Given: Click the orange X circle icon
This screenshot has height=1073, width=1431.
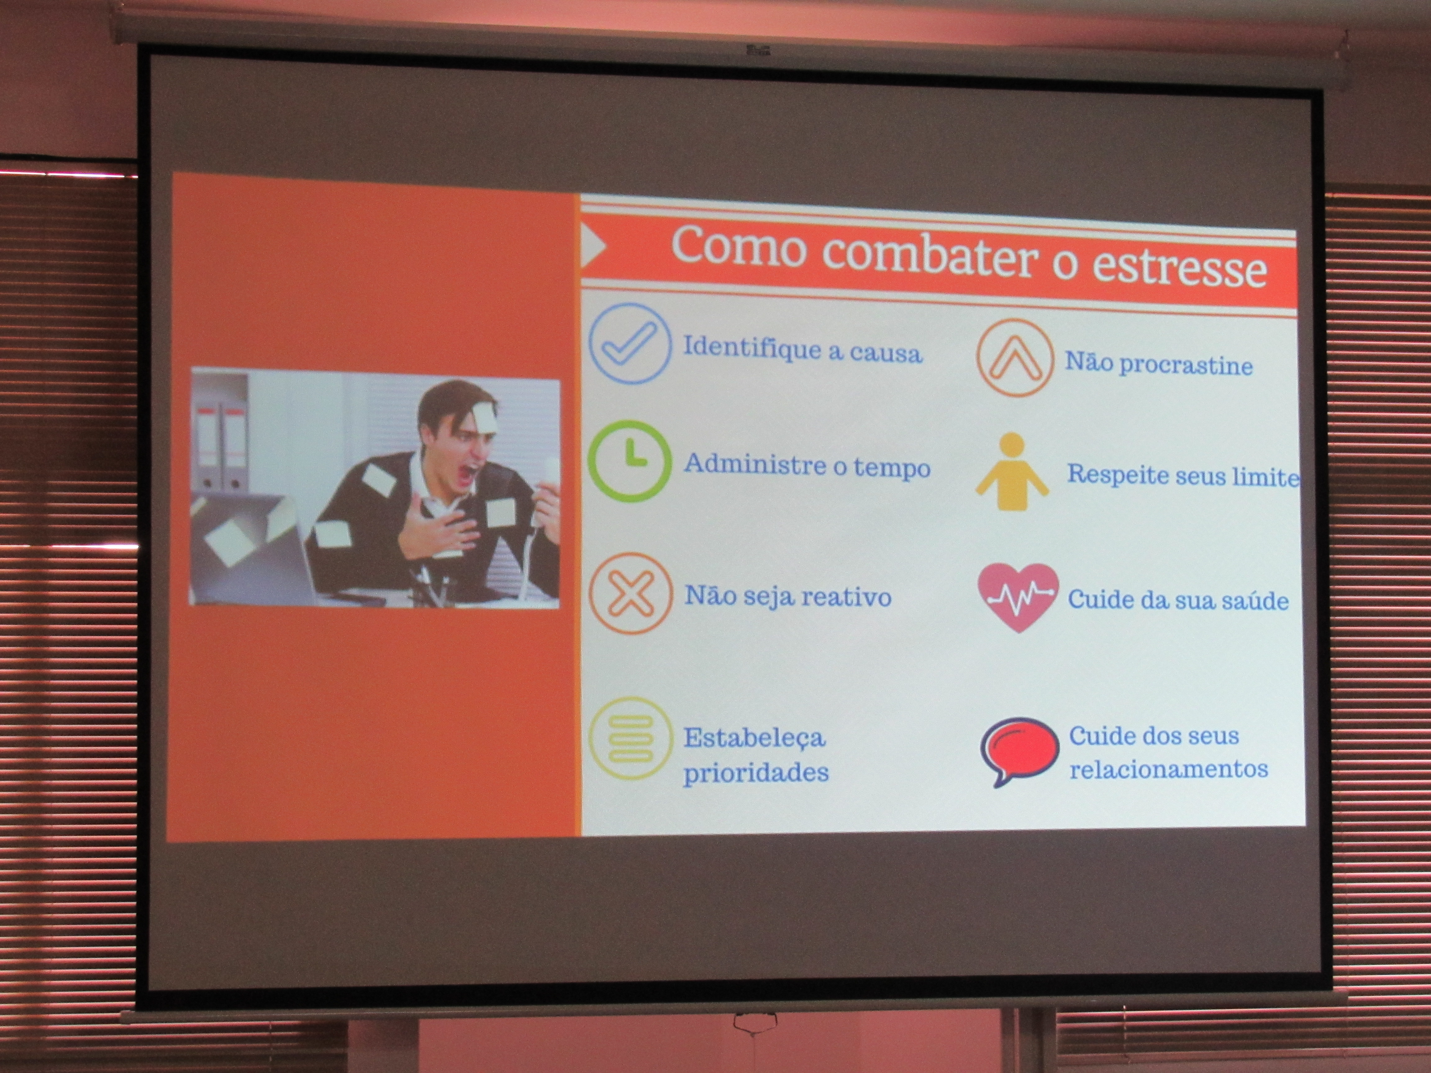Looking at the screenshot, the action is pyautogui.click(x=629, y=594).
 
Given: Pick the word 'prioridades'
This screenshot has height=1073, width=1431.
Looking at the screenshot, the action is pyautogui.click(x=756, y=772).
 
